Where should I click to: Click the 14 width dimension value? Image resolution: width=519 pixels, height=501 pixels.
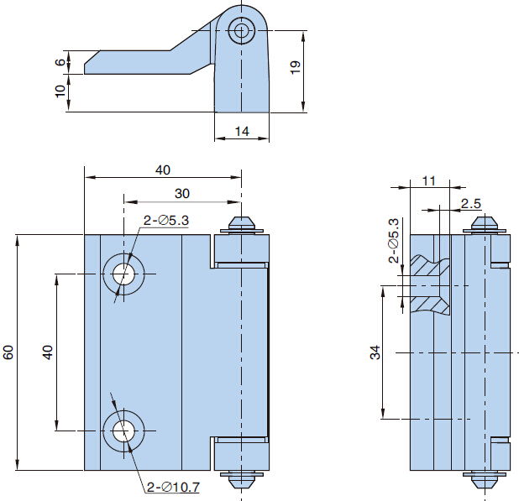pos(242,131)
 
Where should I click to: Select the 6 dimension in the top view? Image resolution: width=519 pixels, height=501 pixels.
pos(60,62)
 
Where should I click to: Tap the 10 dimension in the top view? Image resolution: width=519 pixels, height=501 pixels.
pos(60,91)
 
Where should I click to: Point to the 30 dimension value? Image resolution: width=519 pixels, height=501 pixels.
pos(181,193)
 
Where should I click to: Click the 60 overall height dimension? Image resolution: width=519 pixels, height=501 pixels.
pos(8,352)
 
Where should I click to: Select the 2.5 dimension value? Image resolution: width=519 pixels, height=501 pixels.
pos(471,204)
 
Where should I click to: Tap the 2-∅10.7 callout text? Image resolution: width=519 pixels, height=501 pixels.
pos(173,487)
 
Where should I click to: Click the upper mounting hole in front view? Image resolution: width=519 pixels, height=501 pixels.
pos(124,274)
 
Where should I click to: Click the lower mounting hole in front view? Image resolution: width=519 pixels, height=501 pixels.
pos(124,431)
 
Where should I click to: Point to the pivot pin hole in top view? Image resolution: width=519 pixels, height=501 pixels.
pos(243,32)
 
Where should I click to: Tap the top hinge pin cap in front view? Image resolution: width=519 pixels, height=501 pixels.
pos(242,225)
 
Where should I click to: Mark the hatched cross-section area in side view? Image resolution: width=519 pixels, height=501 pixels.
pos(431,285)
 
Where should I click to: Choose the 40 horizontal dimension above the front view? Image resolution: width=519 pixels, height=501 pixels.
pos(163,170)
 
